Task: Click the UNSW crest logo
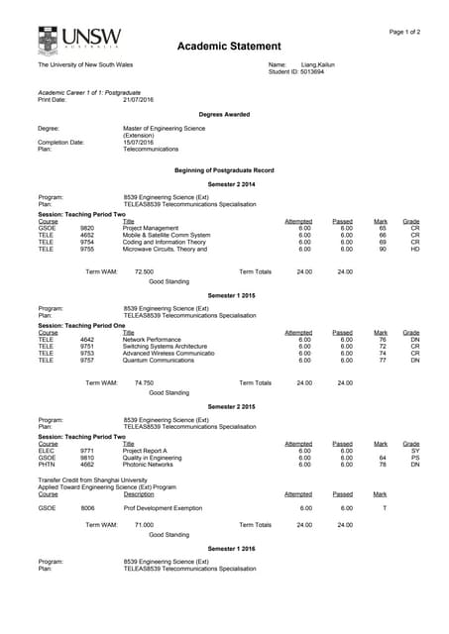pyautogui.click(x=48, y=41)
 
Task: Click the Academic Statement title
pyautogui.click(x=224, y=47)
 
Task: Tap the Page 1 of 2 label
pyautogui.click(x=404, y=32)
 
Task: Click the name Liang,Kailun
pyautogui.click(x=318, y=64)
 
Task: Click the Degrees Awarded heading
pyautogui.click(x=224, y=114)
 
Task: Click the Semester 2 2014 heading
pyautogui.click(x=231, y=185)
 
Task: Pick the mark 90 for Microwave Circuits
pyautogui.click(x=382, y=249)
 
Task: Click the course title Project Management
pyautogui.click(x=151, y=228)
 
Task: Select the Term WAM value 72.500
pyautogui.click(x=144, y=270)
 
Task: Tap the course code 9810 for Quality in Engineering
pyautogui.click(x=87, y=458)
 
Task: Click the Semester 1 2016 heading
pyautogui.click(x=231, y=548)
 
